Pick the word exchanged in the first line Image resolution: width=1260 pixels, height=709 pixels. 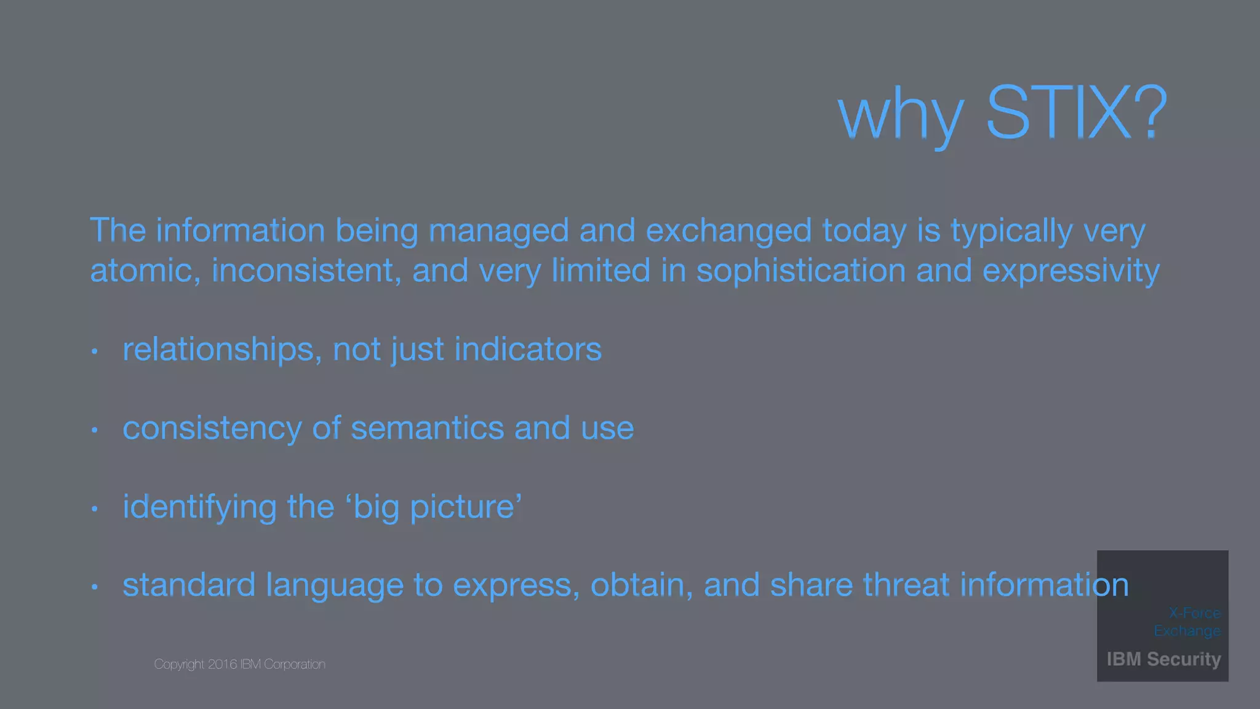[x=728, y=231]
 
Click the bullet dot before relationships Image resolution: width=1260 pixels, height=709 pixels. [x=94, y=351]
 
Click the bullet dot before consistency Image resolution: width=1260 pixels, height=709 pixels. [x=94, y=430]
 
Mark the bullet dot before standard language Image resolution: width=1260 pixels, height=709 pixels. [x=94, y=587]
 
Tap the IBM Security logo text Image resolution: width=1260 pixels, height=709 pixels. [x=1163, y=659]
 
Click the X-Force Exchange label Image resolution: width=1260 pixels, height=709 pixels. [x=1187, y=622]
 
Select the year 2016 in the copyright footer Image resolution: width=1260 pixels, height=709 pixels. [x=222, y=665]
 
